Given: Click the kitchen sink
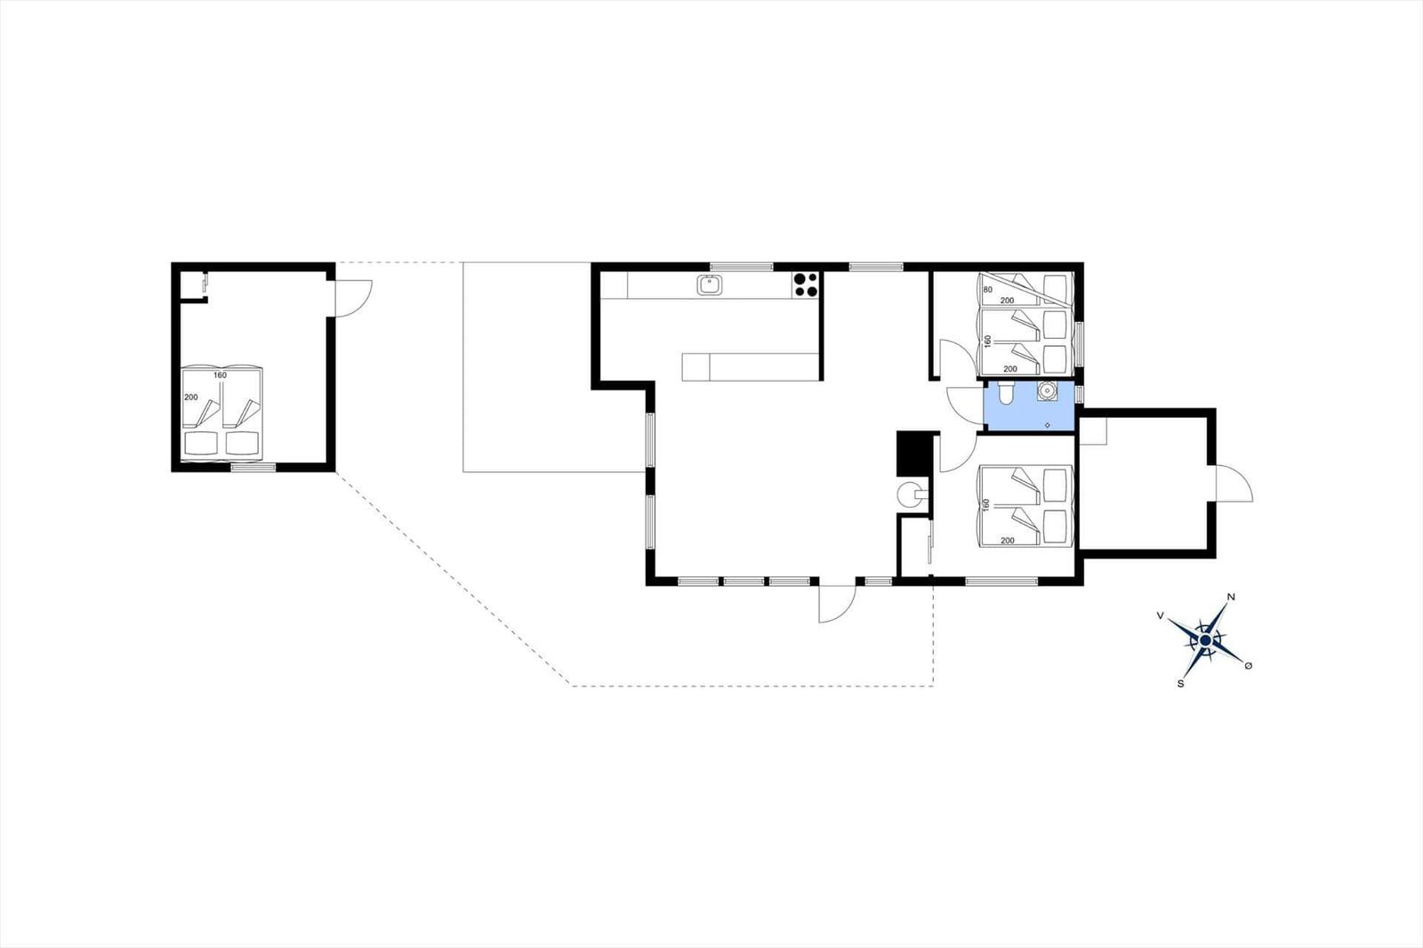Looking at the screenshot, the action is point(710,285).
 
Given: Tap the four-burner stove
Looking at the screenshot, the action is point(806,285).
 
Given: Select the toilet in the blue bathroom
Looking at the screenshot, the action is point(1006,393).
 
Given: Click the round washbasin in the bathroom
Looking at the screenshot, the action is point(1047,390).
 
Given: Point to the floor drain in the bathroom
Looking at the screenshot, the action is point(1048,425).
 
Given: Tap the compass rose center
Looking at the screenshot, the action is point(1205,640).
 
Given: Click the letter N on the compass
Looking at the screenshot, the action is point(1231,597).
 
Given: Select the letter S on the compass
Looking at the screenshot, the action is point(1180,684).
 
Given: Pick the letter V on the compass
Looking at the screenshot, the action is point(1160,615).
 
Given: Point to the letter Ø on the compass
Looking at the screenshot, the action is point(1249,665).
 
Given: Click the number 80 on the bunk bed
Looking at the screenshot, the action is point(988,290).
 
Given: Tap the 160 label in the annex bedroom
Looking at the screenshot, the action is point(220,375).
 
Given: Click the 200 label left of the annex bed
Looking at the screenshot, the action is point(191,398).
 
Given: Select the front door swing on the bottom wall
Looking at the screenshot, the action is point(837,603).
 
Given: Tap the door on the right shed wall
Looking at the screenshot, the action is point(1234,484).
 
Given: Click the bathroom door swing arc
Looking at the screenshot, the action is point(965,405).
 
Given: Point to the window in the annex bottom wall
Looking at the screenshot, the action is point(253,468).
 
